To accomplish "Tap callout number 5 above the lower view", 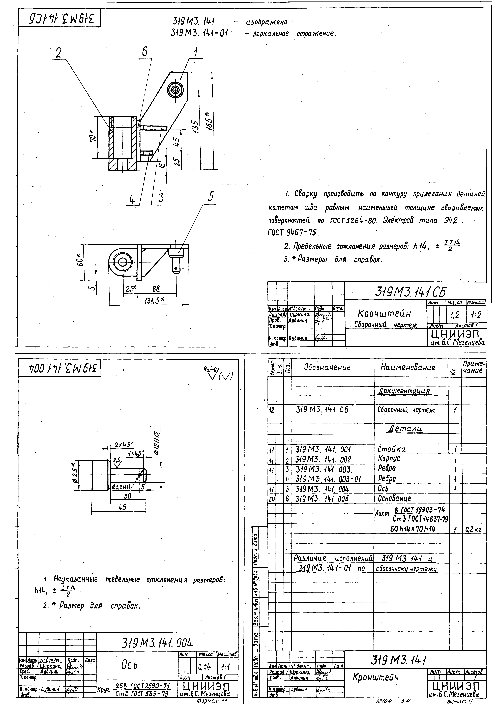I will coord(210,197).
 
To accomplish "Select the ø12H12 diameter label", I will coord(156,442).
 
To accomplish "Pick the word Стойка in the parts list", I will coord(392,450).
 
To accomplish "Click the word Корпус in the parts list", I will coord(389,459).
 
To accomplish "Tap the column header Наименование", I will coord(407,367).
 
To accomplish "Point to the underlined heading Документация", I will coord(404,391).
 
